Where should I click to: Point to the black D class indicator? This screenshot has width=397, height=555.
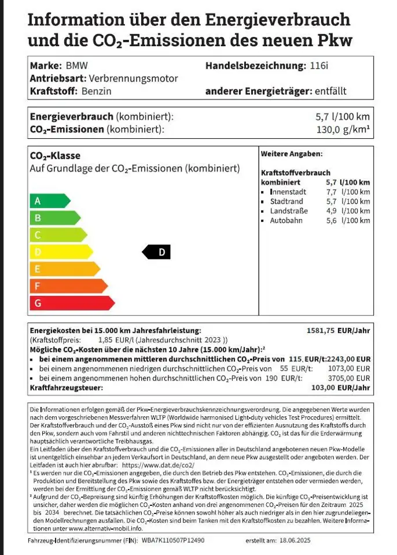click(x=157, y=252)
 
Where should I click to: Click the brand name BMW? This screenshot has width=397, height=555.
click(x=72, y=65)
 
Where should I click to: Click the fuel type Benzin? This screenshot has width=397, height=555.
click(x=97, y=91)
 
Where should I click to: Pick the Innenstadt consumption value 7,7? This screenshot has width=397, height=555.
click(x=331, y=192)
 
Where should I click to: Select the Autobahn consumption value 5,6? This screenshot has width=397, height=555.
click(x=331, y=221)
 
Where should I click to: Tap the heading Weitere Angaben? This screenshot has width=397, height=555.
click(x=292, y=154)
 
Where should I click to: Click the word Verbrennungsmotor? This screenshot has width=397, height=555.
click(x=133, y=79)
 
